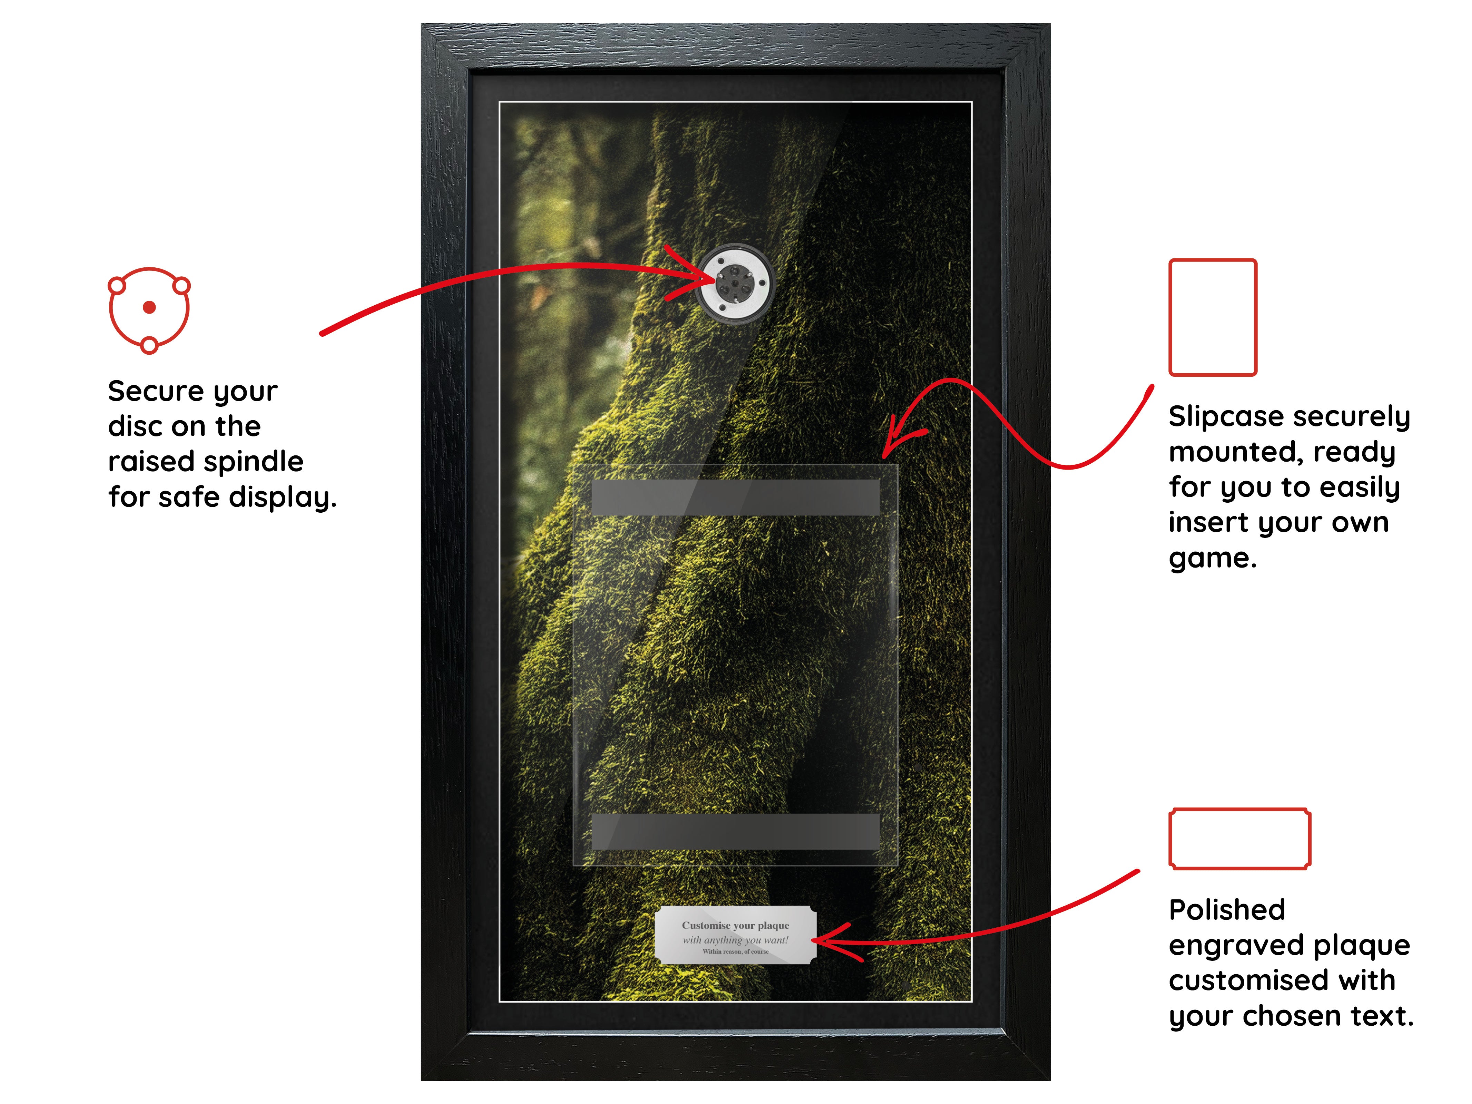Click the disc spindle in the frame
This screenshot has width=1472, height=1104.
[x=735, y=284]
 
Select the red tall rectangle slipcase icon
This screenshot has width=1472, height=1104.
[x=1213, y=317]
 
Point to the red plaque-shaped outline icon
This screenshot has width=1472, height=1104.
[x=1240, y=838]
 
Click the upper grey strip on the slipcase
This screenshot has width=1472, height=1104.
[x=735, y=497]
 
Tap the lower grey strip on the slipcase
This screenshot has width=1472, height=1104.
[x=735, y=831]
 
